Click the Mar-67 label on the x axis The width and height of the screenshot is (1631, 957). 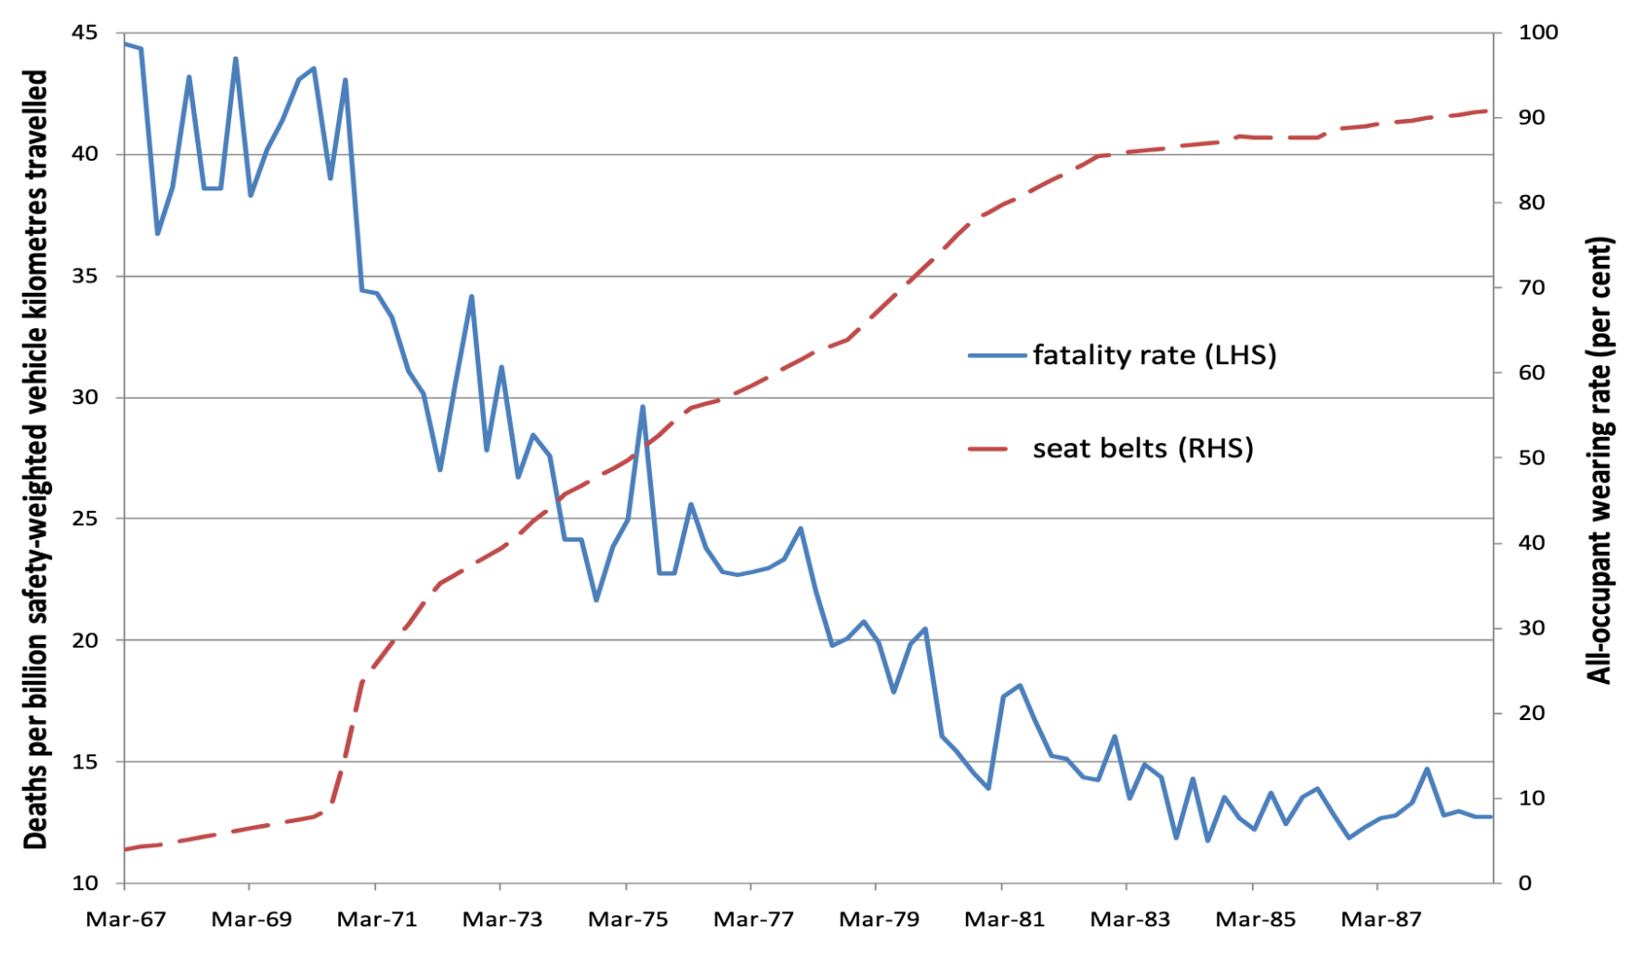(x=125, y=920)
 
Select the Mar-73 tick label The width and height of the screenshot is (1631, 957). (x=502, y=920)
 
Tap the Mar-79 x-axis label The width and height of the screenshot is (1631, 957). (x=879, y=920)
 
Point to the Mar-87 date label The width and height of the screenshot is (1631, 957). (x=1381, y=920)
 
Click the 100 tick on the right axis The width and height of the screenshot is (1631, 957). (x=1537, y=33)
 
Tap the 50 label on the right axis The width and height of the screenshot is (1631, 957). (x=1531, y=458)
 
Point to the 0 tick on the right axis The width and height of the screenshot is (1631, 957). (x=1524, y=883)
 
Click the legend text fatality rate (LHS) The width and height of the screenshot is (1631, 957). (x=1155, y=355)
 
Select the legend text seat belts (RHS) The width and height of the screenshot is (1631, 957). (x=1142, y=449)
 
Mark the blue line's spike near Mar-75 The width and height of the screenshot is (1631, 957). (x=642, y=407)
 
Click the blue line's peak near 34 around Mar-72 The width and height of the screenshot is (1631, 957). (x=472, y=296)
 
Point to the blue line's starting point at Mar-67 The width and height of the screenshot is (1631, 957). (x=125, y=43)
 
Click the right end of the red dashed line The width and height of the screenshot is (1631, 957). (x=1488, y=111)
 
